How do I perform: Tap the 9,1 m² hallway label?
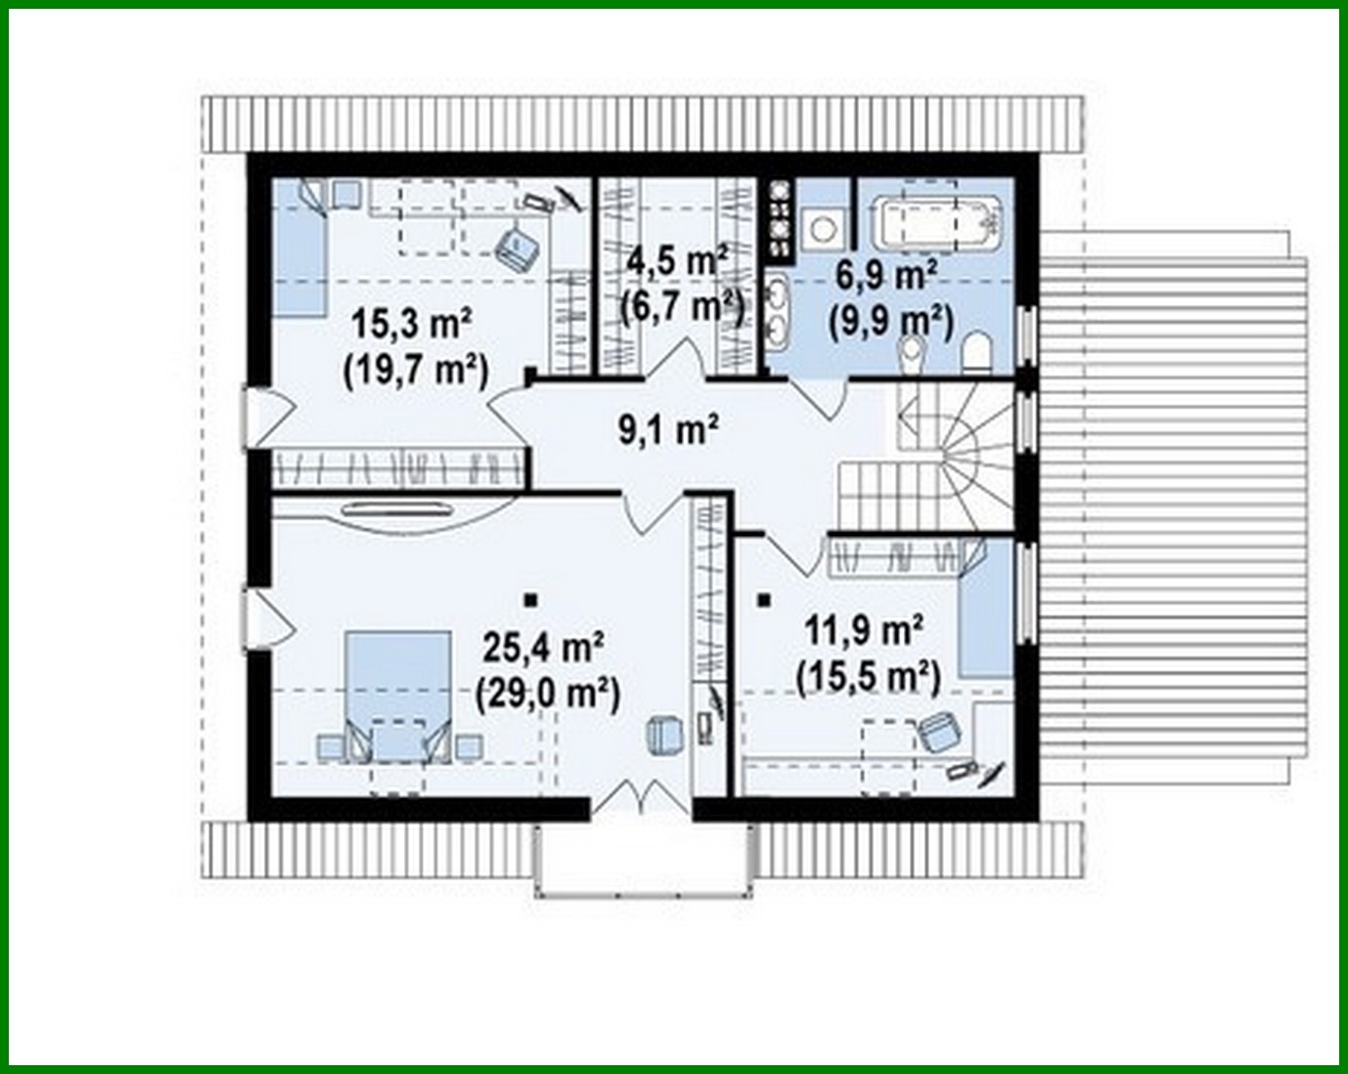pos(669,429)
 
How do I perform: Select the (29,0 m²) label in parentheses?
pos(547,694)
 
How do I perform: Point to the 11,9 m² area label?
pos(865,631)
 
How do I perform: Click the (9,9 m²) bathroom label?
pos(890,320)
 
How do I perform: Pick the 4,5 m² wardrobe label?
pos(678,261)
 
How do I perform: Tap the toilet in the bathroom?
pos(977,351)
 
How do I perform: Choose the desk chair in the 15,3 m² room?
pos(517,247)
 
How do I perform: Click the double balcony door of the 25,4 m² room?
pos(641,798)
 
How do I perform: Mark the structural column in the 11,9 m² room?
pos(763,600)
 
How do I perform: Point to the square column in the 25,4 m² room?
pos(530,599)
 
